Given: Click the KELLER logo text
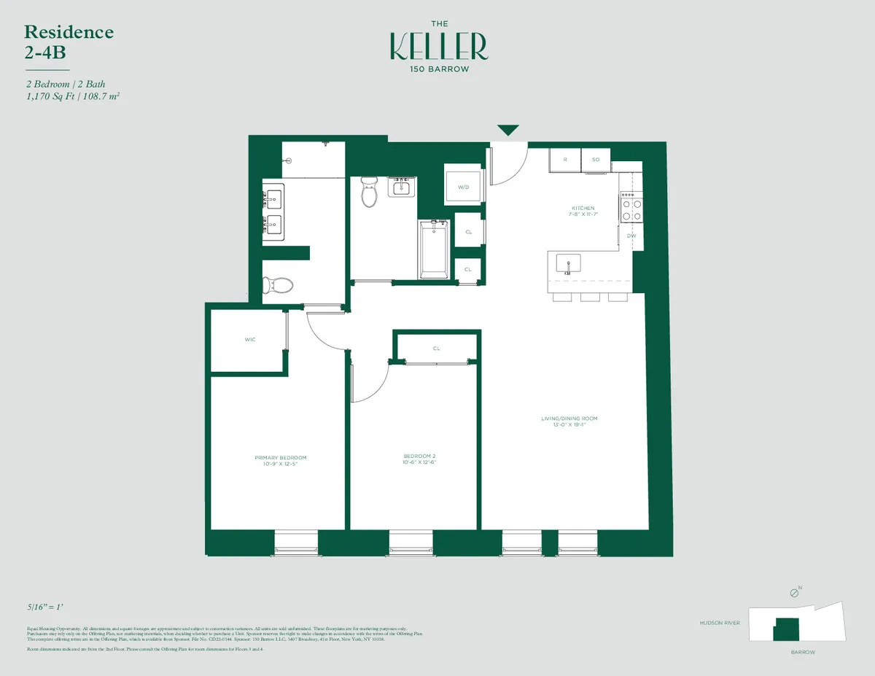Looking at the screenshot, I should (438, 46).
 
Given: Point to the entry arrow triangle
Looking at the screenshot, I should (508, 131).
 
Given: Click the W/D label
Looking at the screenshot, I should (464, 187).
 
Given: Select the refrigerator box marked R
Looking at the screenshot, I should (565, 159).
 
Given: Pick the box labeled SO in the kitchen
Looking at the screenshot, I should (595, 159).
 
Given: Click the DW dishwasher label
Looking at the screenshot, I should (631, 236).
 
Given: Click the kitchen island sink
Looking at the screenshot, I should (568, 263).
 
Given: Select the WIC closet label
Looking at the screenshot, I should (249, 340).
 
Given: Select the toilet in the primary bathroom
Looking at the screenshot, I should (277, 284).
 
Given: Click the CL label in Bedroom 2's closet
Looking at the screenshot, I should (436, 349).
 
